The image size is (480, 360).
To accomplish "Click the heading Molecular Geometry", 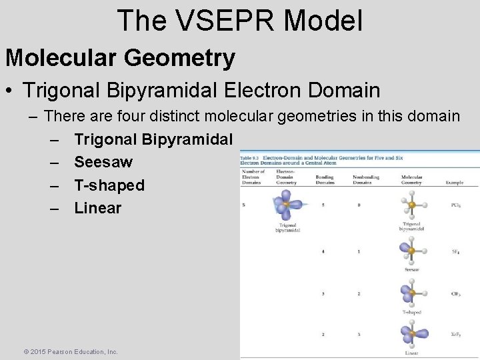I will [120, 58].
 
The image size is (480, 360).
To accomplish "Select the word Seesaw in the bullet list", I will [103, 162].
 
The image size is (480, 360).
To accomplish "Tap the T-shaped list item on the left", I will [109, 185].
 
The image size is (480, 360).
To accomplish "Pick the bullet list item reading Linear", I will [97, 207].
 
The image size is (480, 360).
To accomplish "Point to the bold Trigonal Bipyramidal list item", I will [153, 139].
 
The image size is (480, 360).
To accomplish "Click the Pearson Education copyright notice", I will [71, 351].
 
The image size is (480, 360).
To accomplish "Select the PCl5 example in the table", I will [455, 205].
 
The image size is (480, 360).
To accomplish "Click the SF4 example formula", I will [455, 251].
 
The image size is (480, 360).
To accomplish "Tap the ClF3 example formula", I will [455, 293].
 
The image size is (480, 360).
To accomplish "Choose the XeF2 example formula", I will [455, 334].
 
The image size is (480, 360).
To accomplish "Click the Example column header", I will [455, 182].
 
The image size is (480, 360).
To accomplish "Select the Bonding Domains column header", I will [325, 179].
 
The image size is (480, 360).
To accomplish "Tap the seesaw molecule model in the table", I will [411, 250].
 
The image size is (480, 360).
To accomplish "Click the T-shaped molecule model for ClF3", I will [411, 292].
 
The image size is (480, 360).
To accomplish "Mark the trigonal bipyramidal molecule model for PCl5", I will [411, 204].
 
